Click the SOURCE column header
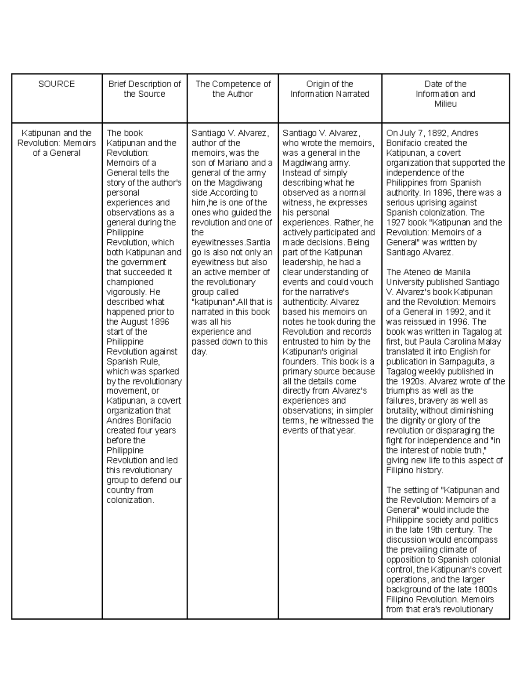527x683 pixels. (57, 84)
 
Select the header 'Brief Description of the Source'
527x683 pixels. (144, 89)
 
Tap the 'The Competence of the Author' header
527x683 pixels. (233, 89)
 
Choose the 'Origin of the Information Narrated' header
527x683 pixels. (330, 89)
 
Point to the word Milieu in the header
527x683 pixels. (445, 104)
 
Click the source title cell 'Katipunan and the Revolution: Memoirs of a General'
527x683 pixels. (57, 143)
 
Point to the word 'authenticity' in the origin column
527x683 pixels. (304, 302)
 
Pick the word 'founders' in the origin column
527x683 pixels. (300, 362)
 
